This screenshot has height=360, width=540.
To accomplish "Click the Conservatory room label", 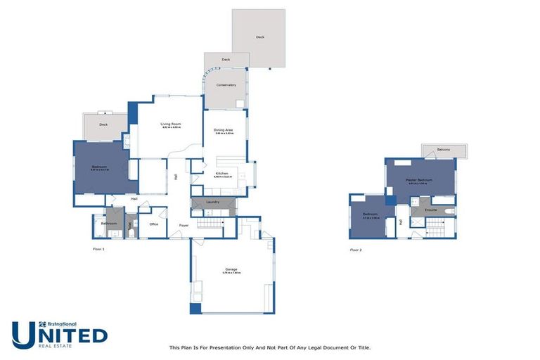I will click(226, 85).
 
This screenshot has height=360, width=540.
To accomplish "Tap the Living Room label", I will click(171, 124).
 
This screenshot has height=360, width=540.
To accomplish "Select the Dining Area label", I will click(224, 130).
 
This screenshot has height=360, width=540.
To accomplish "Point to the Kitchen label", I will click(222, 173).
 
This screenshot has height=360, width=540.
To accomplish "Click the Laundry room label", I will click(212, 202).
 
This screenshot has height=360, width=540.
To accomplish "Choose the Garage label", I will click(231, 269).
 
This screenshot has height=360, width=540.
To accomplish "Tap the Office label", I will click(153, 224).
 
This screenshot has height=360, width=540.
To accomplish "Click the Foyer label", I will click(184, 225).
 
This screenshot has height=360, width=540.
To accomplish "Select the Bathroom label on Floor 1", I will click(108, 224).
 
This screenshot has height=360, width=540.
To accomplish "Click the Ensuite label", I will click(431, 210).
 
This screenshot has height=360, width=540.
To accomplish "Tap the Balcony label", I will click(444, 150).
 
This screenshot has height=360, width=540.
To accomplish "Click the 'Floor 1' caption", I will click(98, 250).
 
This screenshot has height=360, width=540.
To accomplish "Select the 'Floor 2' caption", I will click(356, 250).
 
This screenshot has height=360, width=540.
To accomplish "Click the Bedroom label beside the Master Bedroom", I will click(371, 214).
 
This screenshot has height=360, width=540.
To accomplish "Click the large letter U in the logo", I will click(25, 335).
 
